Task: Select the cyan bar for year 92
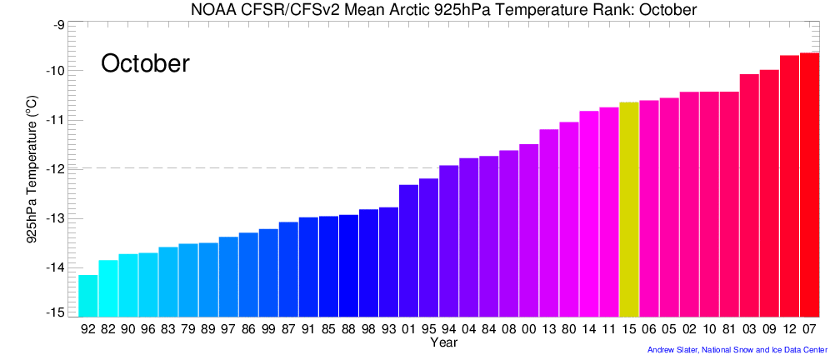point(88,296)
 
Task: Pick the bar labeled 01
point(409,251)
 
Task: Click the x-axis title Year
point(443,342)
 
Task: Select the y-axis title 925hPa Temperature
point(32,179)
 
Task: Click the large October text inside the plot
point(146,63)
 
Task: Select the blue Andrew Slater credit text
point(737,350)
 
